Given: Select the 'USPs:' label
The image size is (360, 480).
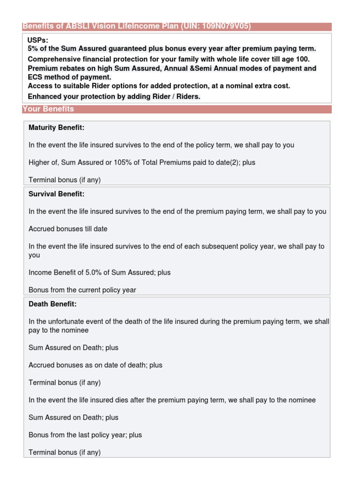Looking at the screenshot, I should (38, 40).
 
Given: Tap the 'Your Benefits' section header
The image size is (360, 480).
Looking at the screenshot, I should (48, 109).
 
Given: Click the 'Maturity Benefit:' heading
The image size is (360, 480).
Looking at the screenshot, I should (56, 127).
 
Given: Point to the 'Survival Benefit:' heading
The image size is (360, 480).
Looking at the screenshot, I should (56, 194).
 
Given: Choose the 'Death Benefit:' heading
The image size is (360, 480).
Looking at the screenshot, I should (52, 304).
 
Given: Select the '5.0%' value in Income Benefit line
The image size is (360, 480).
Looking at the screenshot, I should (94, 272).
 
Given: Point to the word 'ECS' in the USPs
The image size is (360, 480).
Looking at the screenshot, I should (35, 77).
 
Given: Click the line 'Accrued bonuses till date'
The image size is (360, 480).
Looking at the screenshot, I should (68, 229).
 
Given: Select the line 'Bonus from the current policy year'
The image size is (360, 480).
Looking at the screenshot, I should (82, 290).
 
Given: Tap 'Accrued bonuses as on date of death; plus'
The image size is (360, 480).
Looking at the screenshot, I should (95, 365).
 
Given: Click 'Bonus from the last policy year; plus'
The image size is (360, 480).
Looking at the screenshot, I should (85, 435).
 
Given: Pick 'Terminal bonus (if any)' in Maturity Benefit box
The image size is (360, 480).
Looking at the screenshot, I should (65, 180).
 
